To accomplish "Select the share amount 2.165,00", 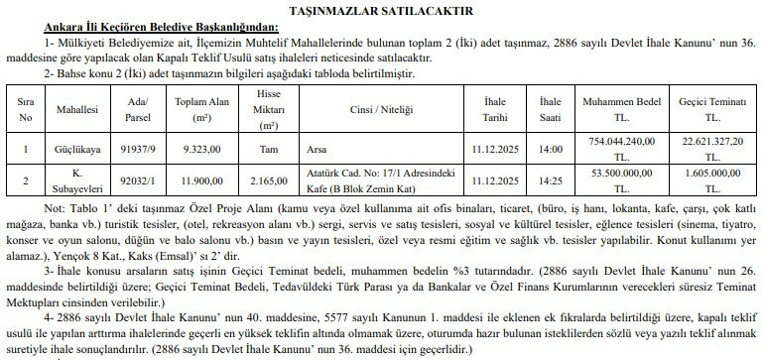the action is tap(267, 183).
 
